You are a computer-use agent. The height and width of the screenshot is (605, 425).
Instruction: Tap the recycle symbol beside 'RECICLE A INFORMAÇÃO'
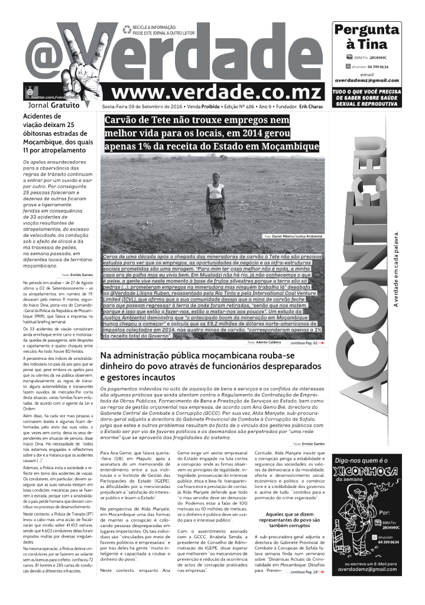pos(126,29)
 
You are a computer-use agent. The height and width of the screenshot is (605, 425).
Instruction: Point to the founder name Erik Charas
pos(311,106)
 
